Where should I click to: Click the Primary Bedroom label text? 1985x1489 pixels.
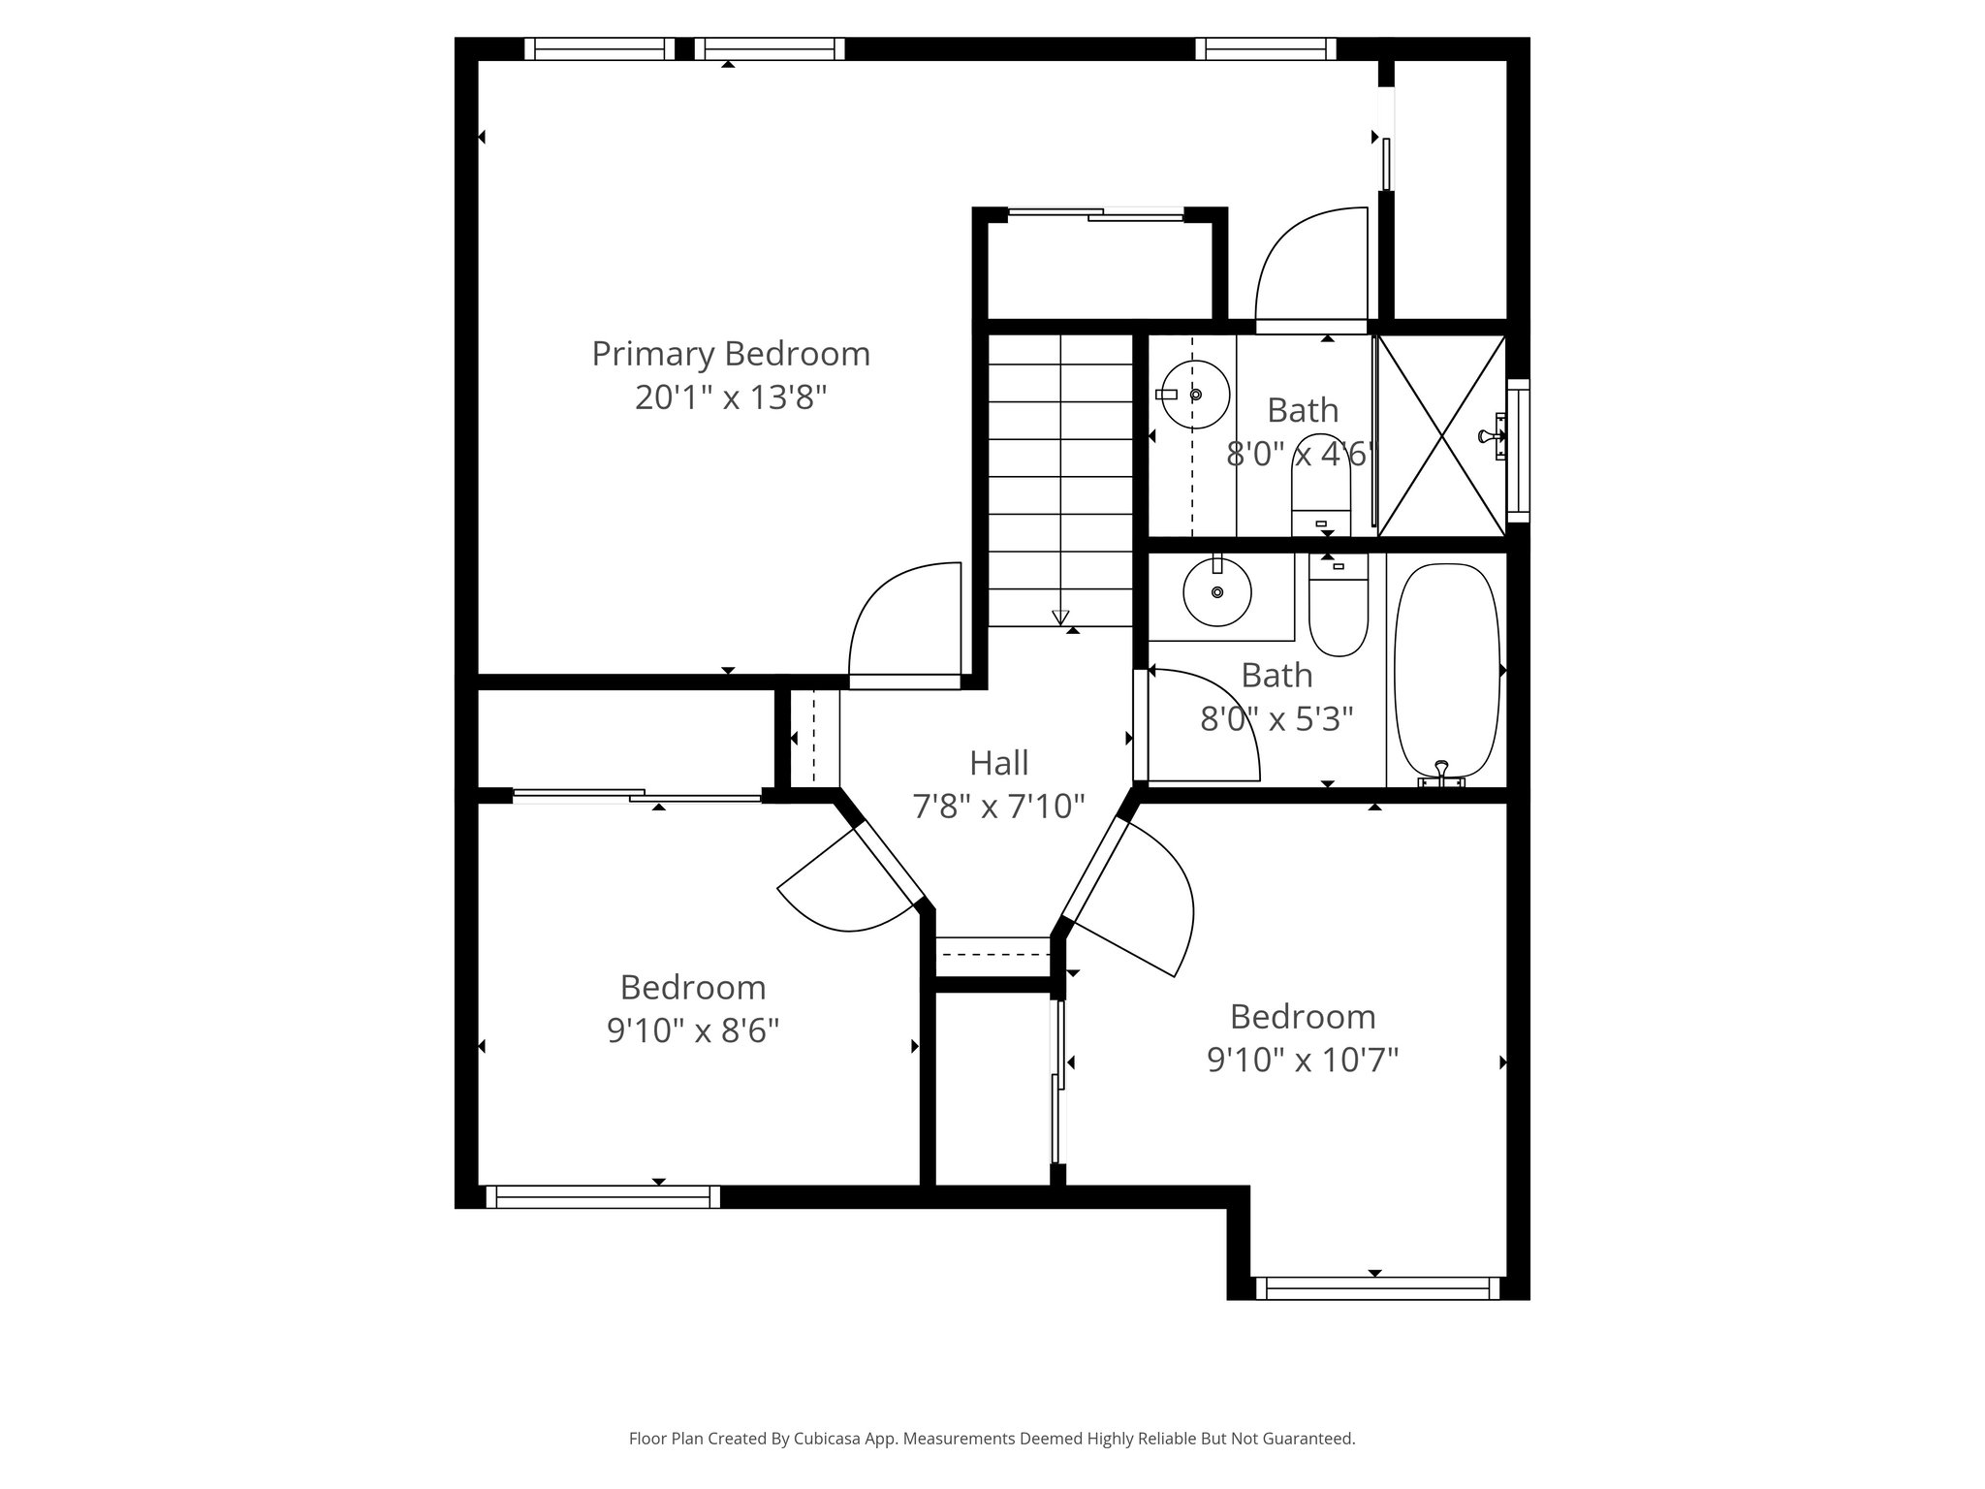click(731, 354)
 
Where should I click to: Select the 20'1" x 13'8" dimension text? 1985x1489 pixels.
click(731, 397)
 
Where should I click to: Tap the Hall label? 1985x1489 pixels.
click(998, 763)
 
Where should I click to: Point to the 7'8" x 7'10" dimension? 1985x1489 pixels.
click(998, 806)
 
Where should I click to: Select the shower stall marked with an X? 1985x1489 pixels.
click(1441, 435)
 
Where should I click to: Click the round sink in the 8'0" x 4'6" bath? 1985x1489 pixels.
click(1195, 395)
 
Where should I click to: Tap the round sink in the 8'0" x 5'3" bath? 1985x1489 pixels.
click(1217, 591)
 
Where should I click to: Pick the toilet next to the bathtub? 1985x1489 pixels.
click(1338, 606)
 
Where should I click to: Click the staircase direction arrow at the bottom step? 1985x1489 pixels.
click(1060, 618)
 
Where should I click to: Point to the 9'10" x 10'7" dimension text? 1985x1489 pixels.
click(1303, 1060)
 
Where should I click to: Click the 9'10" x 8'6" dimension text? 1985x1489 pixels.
click(693, 1030)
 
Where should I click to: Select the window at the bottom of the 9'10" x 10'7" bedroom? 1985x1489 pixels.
click(1377, 1287)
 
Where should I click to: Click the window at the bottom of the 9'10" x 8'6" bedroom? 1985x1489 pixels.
click(602, 1196)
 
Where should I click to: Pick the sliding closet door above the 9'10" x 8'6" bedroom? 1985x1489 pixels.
click(637, 796)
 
